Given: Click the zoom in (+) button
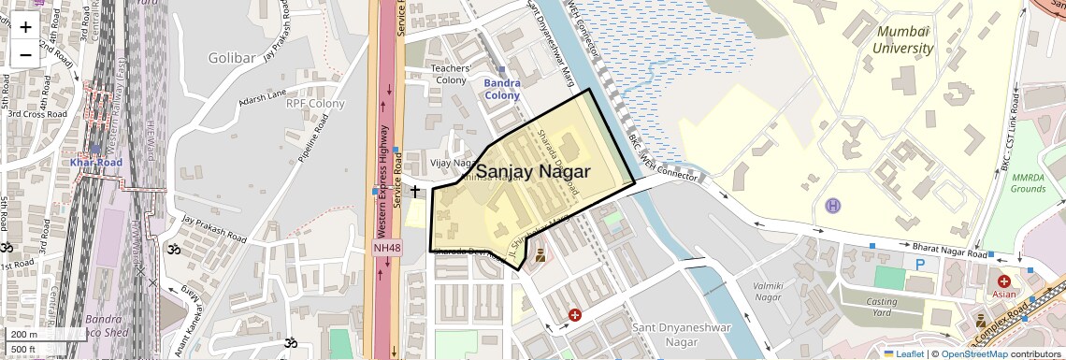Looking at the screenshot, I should tap(25, 27).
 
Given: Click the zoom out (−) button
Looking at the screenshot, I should tap(25, 54).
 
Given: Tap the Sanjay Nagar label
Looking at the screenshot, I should tap(533, 172).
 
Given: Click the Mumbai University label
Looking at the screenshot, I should tap(904, 40).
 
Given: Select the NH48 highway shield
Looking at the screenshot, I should tap(386, 248).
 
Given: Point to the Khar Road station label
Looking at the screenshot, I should tap(96, 163).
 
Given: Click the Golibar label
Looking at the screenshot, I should tap(232, 58).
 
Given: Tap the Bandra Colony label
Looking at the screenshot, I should tap(502, 89).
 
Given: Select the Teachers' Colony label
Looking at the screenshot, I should tap(447, 74).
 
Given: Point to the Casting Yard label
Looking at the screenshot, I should tap(882, 308).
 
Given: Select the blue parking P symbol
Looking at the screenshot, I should tap(920, 266).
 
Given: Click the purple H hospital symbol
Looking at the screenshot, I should tap(833, 205).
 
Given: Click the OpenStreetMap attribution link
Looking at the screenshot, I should tap(973, 353).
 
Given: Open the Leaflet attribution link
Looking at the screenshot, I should tap(905, 353).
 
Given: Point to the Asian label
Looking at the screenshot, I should tap(1003, 294).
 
